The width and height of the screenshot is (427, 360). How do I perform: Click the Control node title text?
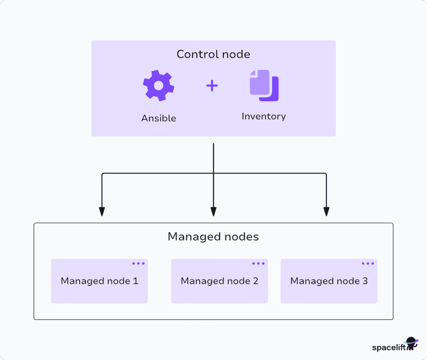tap(213, 54)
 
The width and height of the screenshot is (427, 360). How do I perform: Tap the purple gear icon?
tap(158, 85)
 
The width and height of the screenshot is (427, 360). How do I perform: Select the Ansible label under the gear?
tap(158, 118)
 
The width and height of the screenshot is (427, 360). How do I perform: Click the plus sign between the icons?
tap(212, 85)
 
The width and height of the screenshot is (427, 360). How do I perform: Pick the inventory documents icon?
tap(264, 85)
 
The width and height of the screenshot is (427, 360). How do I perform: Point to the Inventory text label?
tap(264, 116)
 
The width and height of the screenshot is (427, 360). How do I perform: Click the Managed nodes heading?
tap(213, 237)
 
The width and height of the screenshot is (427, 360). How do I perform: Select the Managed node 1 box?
tap(99, 281)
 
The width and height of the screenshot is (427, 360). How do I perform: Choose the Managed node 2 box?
tap(220, 281)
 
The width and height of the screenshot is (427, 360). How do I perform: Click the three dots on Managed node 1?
tap(138, 263)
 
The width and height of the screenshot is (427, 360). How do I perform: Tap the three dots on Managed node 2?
tap(258, 263)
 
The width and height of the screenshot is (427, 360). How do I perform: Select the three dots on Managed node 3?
tap(368, 263)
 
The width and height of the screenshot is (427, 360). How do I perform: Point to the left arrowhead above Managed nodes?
tap(101, 211)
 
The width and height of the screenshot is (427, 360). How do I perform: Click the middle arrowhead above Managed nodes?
tap(213, 211)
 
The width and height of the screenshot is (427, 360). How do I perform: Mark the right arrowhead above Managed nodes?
tap(326, 211)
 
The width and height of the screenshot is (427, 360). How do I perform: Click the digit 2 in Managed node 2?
tap(256, 281)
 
